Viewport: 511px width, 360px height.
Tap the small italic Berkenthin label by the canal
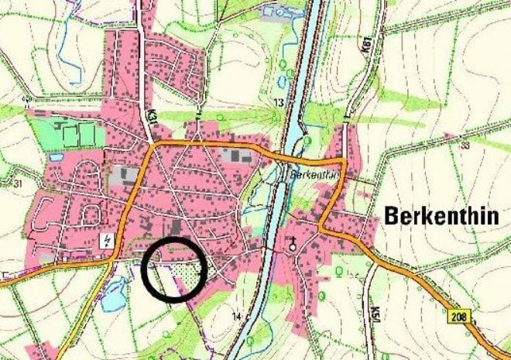(x=315, y=175)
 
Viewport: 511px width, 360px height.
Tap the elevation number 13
(x=279, y=102)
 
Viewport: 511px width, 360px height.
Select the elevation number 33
(x=465, y=145)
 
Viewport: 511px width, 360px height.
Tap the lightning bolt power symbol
(x=106, y=240)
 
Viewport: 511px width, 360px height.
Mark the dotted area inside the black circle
(x=186, y=270)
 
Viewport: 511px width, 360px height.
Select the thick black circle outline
(x=144, y=271)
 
